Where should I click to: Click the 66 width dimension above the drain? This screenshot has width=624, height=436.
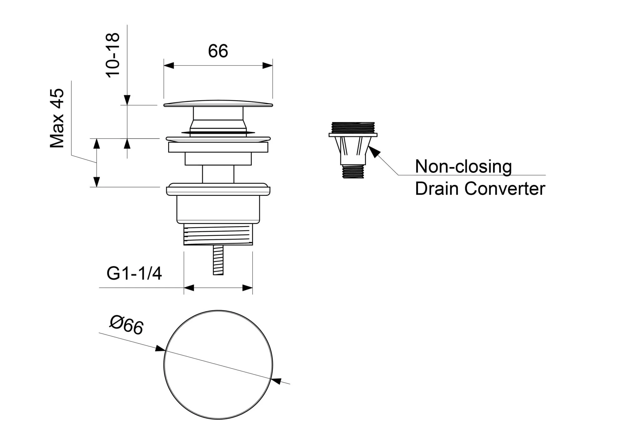click(x=218, y=51)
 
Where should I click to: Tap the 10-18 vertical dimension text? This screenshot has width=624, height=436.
click(x=113, y=55)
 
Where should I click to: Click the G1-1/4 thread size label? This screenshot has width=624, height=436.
click(x=134, y=274)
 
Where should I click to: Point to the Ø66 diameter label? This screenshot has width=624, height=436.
click(x=126, y=325)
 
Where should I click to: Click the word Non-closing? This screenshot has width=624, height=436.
click(x=463, y=166)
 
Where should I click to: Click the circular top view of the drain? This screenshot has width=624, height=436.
click(x=218, y=364)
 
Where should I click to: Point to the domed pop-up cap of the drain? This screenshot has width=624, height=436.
click(x=218, y=103)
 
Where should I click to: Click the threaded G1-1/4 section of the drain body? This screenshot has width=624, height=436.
click(x=218, y=234)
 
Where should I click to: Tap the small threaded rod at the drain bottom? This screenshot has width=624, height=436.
click(x=218, y=260)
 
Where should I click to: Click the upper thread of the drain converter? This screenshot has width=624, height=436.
click(x=353, y=127)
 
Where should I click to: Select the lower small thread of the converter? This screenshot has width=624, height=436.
click(x=353, y=171)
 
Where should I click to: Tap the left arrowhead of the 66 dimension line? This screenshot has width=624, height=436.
click(x=169, y=66)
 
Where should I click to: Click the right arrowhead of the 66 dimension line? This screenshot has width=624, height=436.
click(x=268, y=66)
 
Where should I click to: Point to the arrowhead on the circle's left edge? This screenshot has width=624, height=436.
click(x=160, y=349)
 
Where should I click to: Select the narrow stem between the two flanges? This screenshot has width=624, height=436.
click(x=218, y=174)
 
